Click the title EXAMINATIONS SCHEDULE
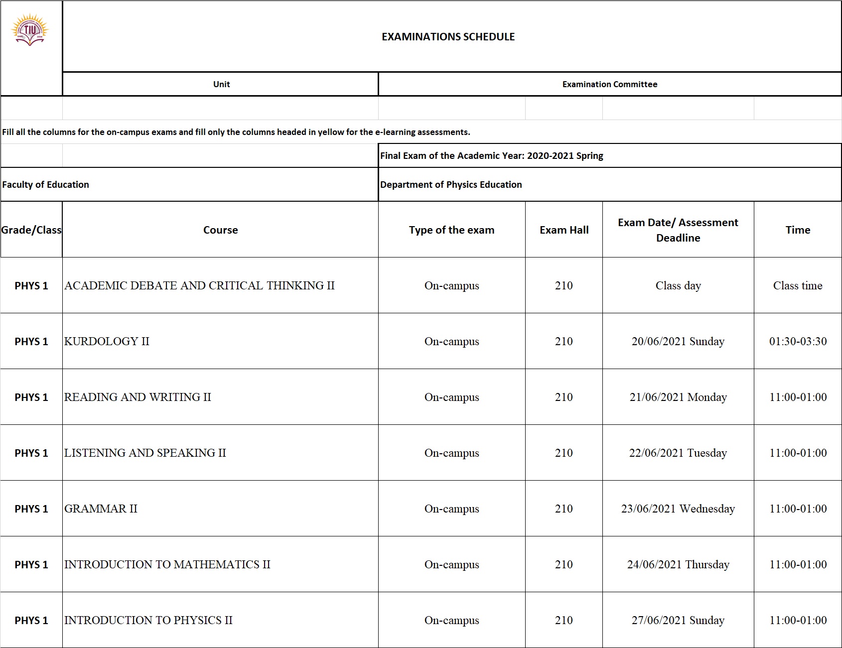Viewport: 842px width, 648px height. [x=448, y=37]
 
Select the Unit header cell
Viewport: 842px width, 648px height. [x=221, y=84]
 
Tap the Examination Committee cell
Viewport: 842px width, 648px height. [x=609, y=84]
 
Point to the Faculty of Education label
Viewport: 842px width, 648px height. [x=45, y=184]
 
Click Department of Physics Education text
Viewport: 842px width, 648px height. [x=451, y=184]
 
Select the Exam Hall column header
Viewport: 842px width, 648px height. [x=564, y=230]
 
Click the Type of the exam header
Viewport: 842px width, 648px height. [x=451, y=230]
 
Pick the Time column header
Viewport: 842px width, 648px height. [x=798, y=230]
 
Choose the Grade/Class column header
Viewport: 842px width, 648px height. [x=31, y=230]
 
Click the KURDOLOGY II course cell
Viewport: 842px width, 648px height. [x=107, y=341]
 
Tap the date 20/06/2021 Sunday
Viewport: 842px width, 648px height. [x=678, y=341]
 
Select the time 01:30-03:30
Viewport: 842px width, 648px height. [x=798, y=341]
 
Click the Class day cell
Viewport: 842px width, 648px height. [x=678, y=285]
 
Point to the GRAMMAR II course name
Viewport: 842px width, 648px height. [x=101, y=509]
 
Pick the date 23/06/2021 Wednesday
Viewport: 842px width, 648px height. [x=678, y=509]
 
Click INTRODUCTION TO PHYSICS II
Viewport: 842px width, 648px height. [x=148, y=620]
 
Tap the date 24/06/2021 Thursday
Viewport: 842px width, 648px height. [x=678, y=564]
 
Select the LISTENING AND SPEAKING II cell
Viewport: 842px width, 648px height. [x=145, y=453]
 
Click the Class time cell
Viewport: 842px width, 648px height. [x=798, y=285]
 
